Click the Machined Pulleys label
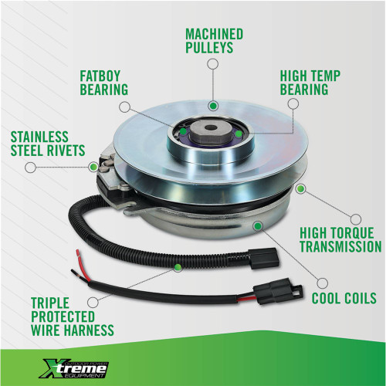pos(214,41)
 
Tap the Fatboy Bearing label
pos(103,83)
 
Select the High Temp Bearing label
pos(310,83)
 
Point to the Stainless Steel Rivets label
pos(48,144)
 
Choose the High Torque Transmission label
pos(340,240)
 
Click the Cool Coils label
pos(344,298)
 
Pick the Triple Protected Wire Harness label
pos(73,317)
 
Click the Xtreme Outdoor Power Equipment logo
pos(74,369)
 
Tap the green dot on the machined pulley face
pos(213,105)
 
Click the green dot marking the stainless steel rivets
pos(93,167)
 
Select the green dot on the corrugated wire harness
pos(178,267)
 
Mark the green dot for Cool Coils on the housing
pos(258,226)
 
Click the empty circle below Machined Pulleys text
pos(213,64)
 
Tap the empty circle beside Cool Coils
pos(322,283)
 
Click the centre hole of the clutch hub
pos(212,127)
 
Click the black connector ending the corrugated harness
pos(264,259)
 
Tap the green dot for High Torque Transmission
pos(300,189)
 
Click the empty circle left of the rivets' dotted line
pos(31,168)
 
